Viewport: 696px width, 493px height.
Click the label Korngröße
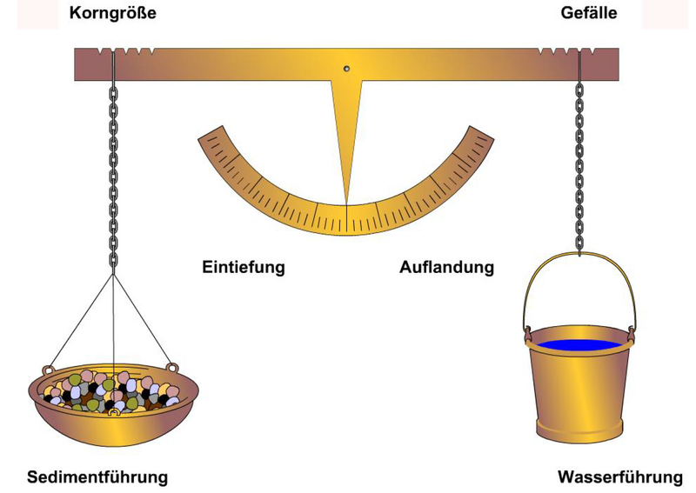pyautogui.click(x=113, y=13)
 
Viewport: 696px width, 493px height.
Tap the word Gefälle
pyautogui.click(x=589, y=12)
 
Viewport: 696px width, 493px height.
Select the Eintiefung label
pyautogui.click(x=244, y=267)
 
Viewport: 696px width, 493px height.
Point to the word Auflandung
pyautogui.click(x=446, y=267)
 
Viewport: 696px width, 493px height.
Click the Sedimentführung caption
pyautogui.click(x=97, y=477)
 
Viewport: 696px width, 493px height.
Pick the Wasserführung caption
pyautogui.click(x=620, y=477)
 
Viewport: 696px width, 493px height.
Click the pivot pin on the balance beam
pyautogui.click(x=346, y=69)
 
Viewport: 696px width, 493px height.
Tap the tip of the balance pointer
pyautogui.click(x=346, y=203)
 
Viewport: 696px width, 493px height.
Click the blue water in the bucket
pyautogui.click(x=579, y=344)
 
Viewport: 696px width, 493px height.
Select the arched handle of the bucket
pyautogui.click(x=579, y=255)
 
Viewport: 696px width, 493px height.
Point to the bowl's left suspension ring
pyautogui.click(x=47, y=370)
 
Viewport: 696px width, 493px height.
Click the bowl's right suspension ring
pyautogui.click(x=171, y=368)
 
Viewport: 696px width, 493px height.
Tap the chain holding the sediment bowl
pyautogui.click(x=114, y=177)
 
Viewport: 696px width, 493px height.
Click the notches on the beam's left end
pyautogui.click(x=125, y=51)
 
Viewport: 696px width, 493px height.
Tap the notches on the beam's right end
pyautogui.click(x=567, y=51)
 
